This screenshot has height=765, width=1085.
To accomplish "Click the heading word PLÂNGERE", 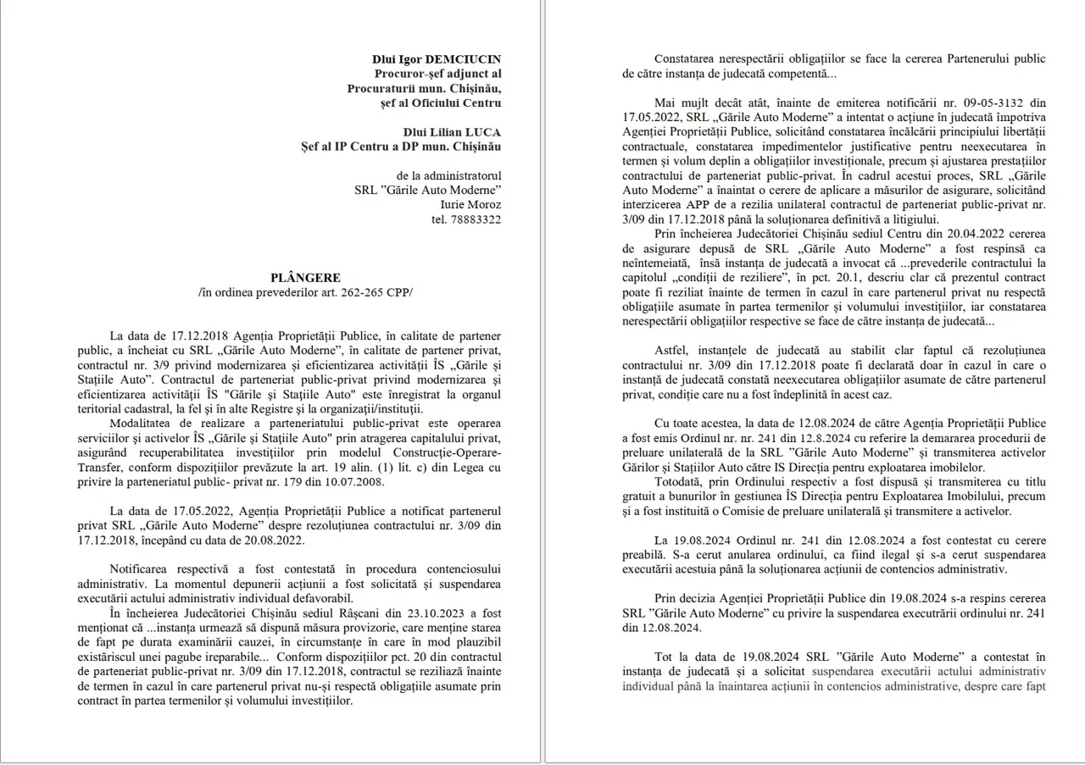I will [306, 278].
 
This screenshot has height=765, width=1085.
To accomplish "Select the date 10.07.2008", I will [353, 482].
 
